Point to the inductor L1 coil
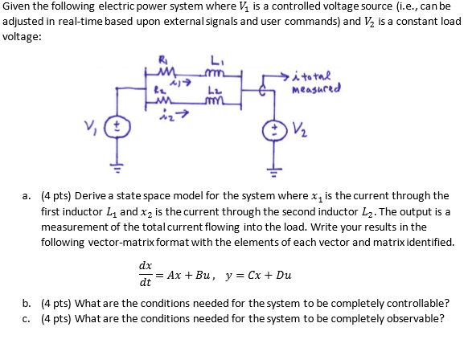click(x=214, y=73)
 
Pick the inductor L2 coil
click(x=214, y=102)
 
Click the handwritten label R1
click(x=162, y=60)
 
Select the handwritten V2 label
click(x=300, y=129)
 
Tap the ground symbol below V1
click(x=117, y=168)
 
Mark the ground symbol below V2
click(x=273, y=171)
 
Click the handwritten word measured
click(x=316, y=88)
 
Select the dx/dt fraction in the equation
click(x=146, y=274)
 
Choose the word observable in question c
click(x=416, y=318)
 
